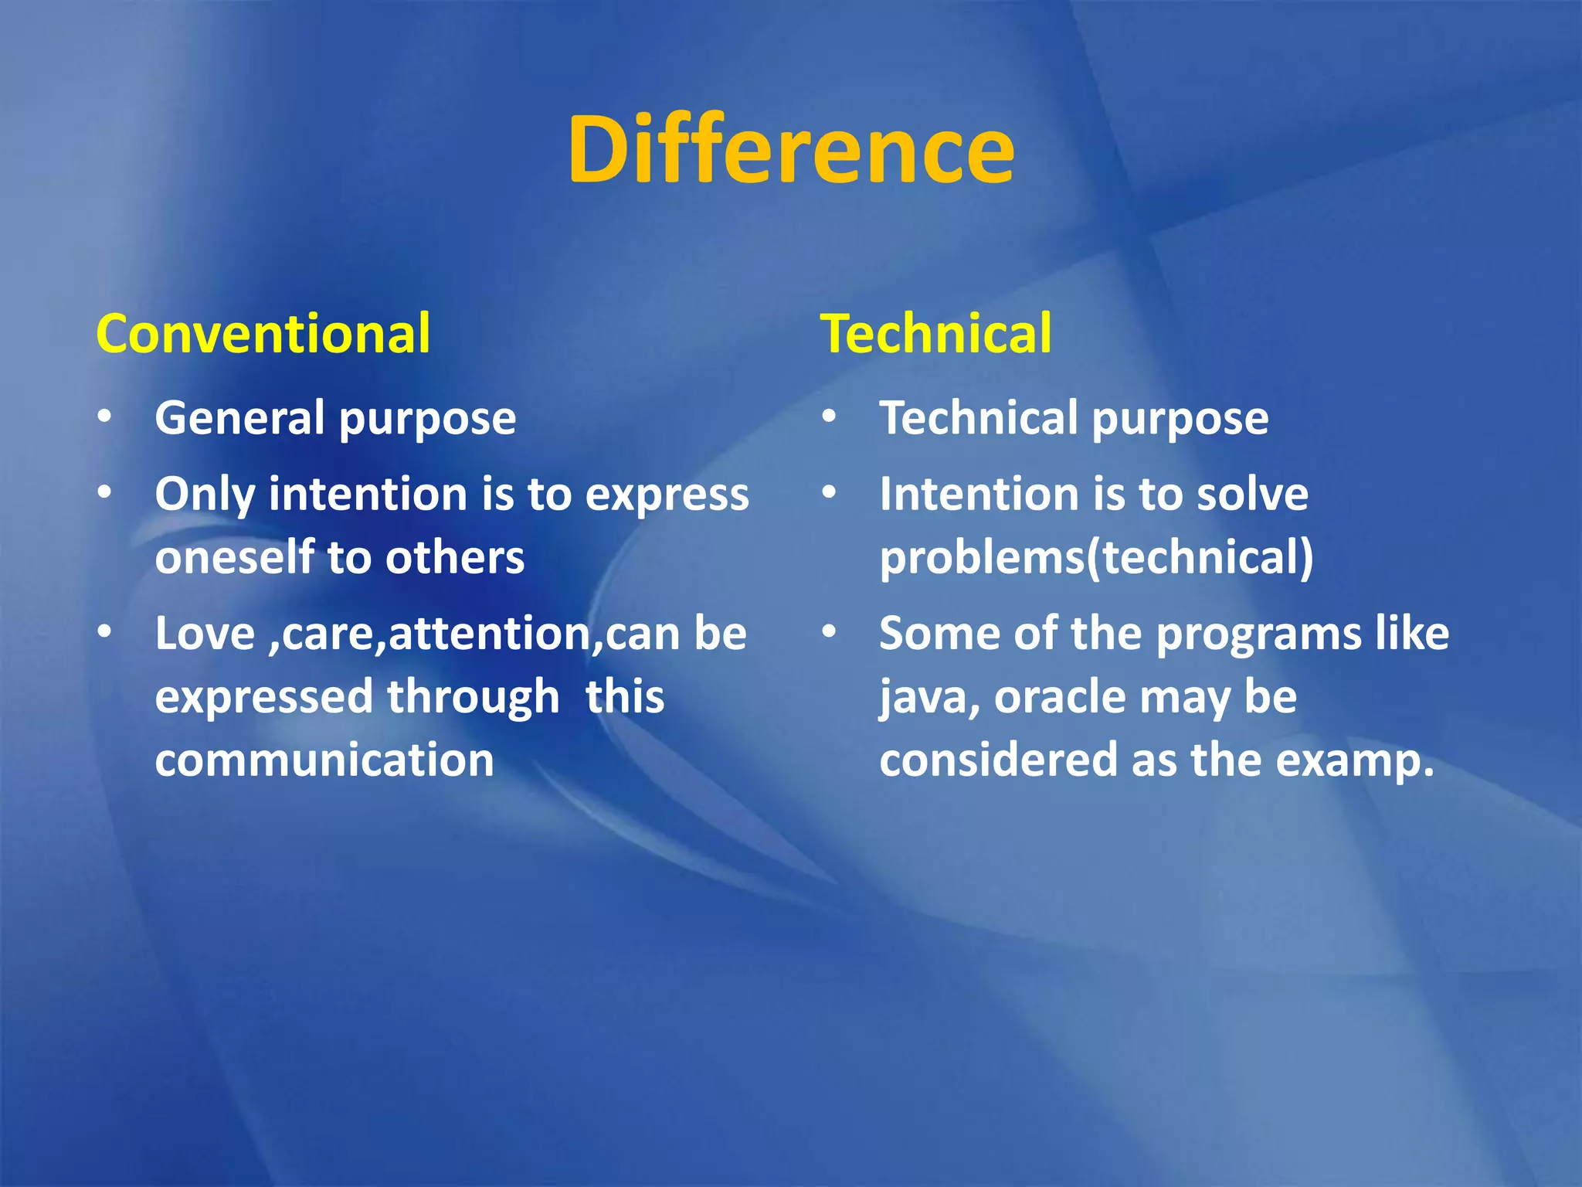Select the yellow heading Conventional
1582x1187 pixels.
pyautogui.click(x=263, y=334)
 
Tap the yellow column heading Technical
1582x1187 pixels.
pyautogui.click(x=935, y=334)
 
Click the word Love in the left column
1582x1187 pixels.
pyautogui.click(x=205, y=634)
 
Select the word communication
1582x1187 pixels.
pyautogui.click(x=324, y=760)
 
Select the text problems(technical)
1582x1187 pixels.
pyautogui.click(x=1096, y=557)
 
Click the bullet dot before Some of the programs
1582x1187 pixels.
pyautogui.click(x=829, y=632)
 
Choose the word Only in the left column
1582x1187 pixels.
pyautogui.click(x=205, y=495)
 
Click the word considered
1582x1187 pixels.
pyautogui.click(x=998, y=760)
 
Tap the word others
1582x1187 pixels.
pyautogui.click(x=455, y=557)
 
